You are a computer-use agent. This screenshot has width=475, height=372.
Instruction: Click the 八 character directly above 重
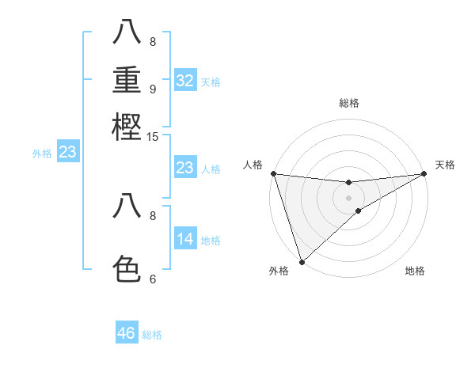point(127,33)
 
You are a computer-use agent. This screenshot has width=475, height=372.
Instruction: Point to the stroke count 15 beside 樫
point(153,137)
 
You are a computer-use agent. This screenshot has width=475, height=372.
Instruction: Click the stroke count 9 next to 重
point(153,89)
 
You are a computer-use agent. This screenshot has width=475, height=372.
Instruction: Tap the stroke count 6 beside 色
point(153,279)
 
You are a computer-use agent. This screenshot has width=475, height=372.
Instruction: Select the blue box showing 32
point(185,81)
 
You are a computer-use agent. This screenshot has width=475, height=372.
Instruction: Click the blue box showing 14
point(185,239)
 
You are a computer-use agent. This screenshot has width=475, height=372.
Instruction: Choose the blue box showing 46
point(127,333)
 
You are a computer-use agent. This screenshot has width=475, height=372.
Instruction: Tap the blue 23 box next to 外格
point(67,152)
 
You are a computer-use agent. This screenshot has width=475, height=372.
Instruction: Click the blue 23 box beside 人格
point(185,168)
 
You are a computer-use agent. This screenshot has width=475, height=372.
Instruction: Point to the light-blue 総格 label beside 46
point(152,335)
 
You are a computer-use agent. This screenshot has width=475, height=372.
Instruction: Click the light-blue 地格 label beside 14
point(211,241)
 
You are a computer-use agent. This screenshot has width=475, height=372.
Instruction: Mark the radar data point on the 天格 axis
point(424,173)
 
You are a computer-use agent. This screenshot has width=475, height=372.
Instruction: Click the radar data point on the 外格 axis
point(302,260)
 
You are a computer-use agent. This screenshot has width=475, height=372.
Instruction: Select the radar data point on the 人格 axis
point(273,173)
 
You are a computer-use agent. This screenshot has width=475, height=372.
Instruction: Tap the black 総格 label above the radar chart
point(348,103)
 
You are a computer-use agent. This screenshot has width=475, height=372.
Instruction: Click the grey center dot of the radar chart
point(348,198)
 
